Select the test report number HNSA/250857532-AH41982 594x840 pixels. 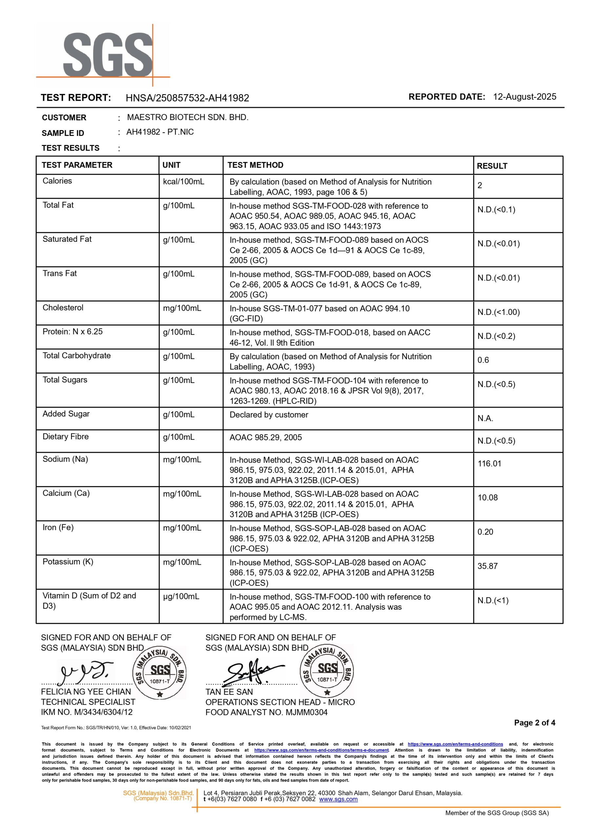click(187, 98)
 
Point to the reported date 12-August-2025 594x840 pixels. click(524, 97)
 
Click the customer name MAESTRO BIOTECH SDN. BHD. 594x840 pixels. click(188, 117)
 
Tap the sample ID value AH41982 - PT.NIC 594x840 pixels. click(160, 132)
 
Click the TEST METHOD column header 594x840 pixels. click(255, 165)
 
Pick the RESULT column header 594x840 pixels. click(492, 166)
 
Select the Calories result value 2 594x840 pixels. click(480, 185)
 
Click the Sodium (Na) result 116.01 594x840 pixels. click(489, 464)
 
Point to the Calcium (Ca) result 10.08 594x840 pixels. click(487, 497)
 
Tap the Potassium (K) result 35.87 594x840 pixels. click(487, 566)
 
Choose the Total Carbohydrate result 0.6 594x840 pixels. click(483, 360)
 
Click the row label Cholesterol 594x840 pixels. click(63, 308)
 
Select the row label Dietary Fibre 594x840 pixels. click(66, 436)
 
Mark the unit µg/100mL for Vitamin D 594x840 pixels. click(181, 596)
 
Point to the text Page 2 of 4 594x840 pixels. click(534, 723)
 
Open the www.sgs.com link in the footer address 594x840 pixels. click(338, 799)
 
